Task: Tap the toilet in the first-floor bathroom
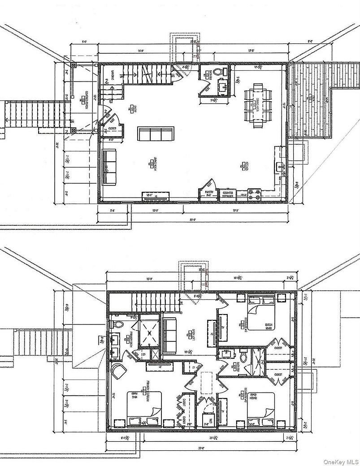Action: pyautogui.click(x=219, y=72)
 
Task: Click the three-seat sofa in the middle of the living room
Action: pyautogui.click(x=156, y=134)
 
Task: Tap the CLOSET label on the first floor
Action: pyautogui.click(x=113, y=128)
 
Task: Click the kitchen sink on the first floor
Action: pyautogui.click(x=281, y=166)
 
